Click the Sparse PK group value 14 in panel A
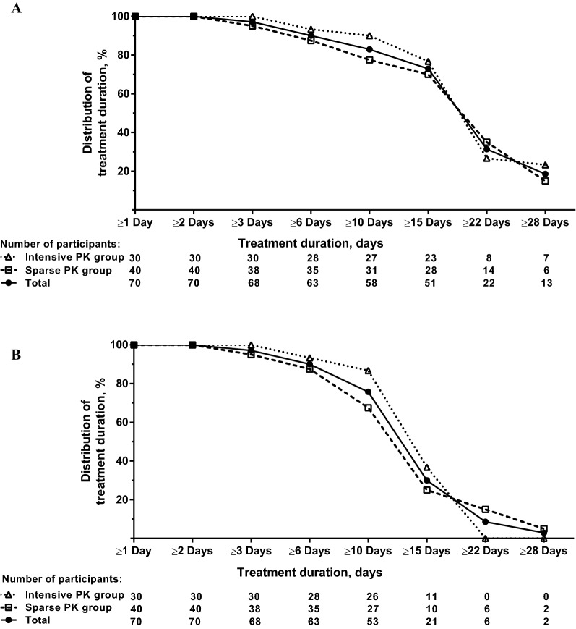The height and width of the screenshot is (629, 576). click(486, 270)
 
